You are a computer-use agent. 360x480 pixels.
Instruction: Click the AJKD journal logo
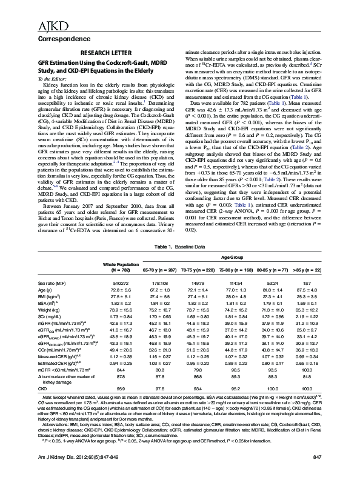tap(36, 10)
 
